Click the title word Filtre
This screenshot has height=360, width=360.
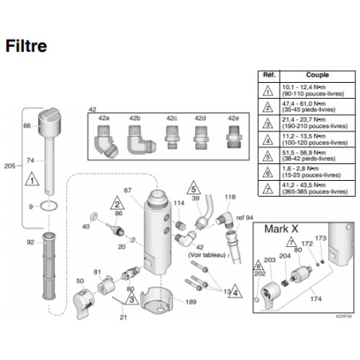25,45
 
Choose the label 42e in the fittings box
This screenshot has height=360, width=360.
233,118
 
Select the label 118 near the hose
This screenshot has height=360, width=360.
230,196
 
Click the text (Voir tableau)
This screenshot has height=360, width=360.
205,255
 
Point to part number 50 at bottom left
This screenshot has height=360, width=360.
80,281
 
